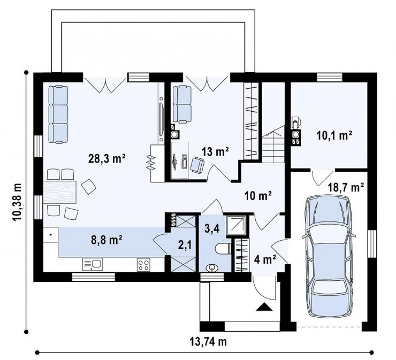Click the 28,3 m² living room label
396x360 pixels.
pyautogui.click(x=107, y=159)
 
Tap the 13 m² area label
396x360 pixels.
pyautogui.click(x=215, y=151)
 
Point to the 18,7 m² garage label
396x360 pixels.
pyautogui.click(x=346, y=187)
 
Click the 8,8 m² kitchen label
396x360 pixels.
pyautogui.click(x=107, y=240)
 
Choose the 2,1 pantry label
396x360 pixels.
pyautogui.click(x=185, y=245)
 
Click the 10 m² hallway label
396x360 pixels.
pyautogui.click(x=258, y=196)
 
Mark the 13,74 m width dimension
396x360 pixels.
pyautogui.click(x=208, y=342)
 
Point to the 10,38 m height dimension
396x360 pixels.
pyautogui.click(x=17, y=202)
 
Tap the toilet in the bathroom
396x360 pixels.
pyautogui.click(x=223, y=248)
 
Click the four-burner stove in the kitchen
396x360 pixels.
pyautogui.click(x=143, y=265)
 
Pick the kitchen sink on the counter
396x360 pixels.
pyautogui.click(x=93, y=264)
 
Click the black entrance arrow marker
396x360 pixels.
pyautogui.click(x=264, y=307)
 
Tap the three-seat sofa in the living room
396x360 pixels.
pyautogui.click(x=58, y=114)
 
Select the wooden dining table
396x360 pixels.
pyautogui.click(x=60, y=192)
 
